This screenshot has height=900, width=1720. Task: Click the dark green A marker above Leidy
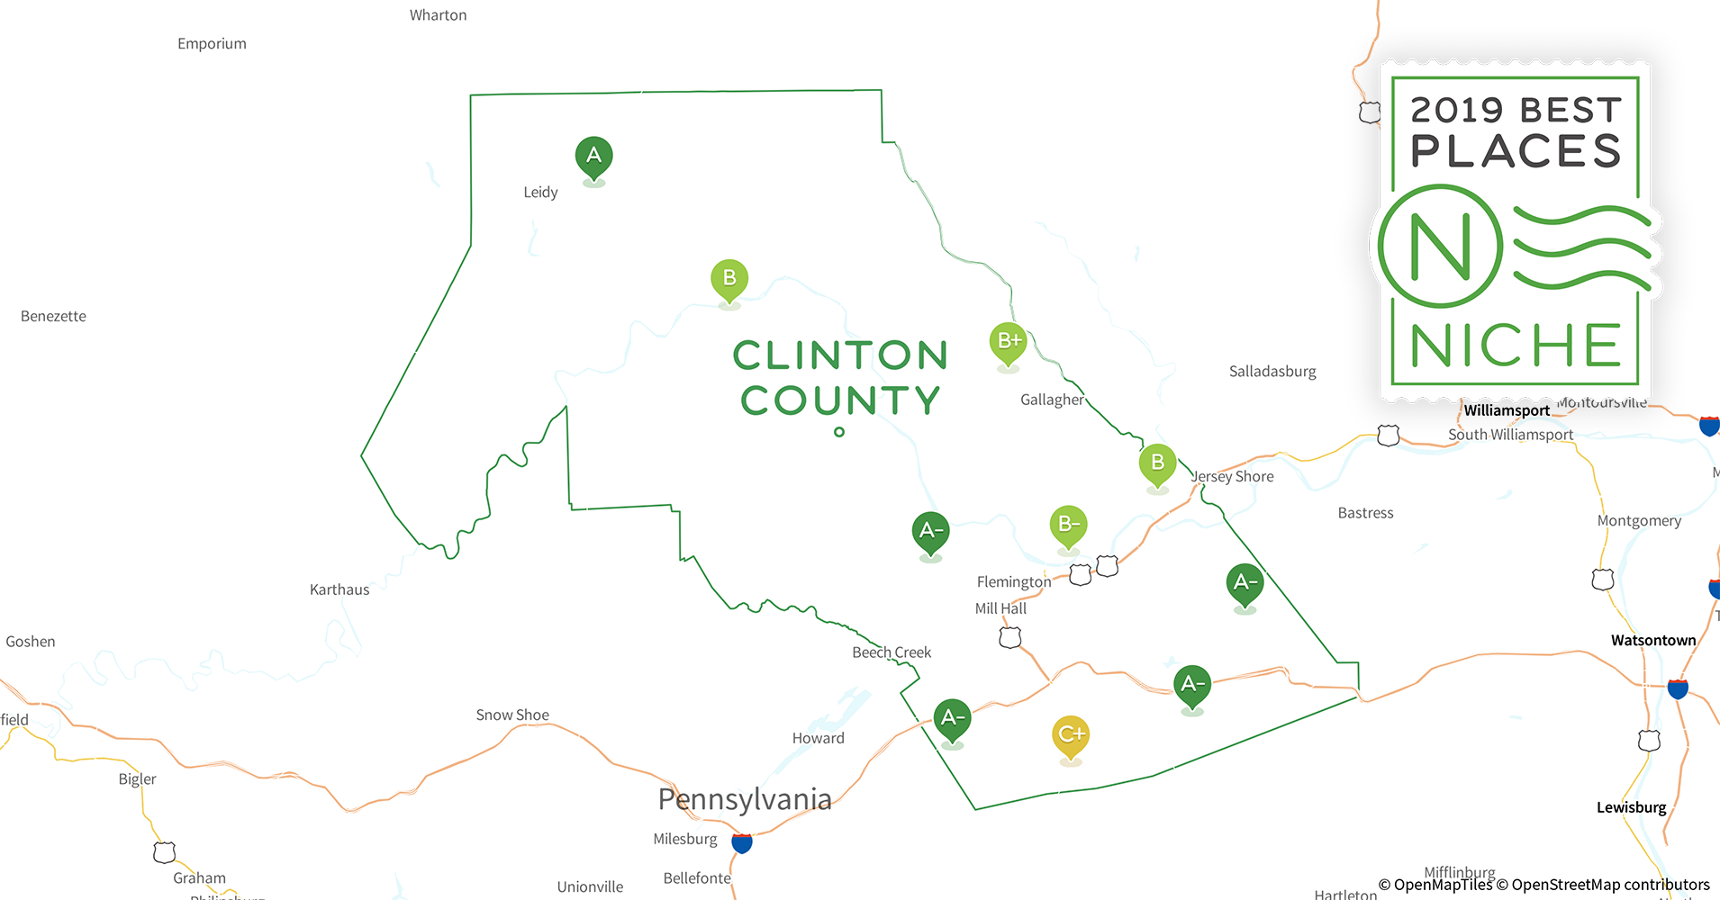pyautogui.click(x=593, y=157)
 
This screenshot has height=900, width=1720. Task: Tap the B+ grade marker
pyautogui.click(x=1008, y=342)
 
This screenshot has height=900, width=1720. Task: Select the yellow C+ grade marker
pyautogui.click(x=1071, y=734)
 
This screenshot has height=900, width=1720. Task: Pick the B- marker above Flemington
pyautogui.click(x=1068, y=525)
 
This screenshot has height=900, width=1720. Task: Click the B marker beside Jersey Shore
pyautogui.click(x=1157, y=463)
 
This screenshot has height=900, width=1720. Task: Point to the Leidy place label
pyautogui.click(x=540, y=192)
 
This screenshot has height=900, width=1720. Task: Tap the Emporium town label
pyautogui.click(x=212, y=43)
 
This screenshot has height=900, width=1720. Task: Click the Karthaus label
pyautogui.click(x=339, y=589)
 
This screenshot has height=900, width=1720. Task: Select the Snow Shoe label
pyautogui.click(x=512, y=715)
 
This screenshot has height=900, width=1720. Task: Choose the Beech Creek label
pyautogui.click(x=892, y=652)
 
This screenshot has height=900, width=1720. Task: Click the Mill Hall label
pyautogui.click(x=1000, y=608)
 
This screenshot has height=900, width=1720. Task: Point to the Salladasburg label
pyautogui.click(x=1272, y=371)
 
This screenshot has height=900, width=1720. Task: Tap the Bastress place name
pyautogui.click(x=1365, y=513)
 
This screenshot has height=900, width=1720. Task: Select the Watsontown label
pyautogui.click(x=1653, y=640)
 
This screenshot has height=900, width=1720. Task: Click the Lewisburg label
pyautogui.click(x=1631, y=807)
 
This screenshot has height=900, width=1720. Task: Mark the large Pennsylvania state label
pyautogui.click(x=745, y=799)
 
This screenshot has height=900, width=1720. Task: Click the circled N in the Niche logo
pyautogui.click(x=1440, y=246)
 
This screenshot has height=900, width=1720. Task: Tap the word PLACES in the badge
pyautogui.click(x=1516, y=151)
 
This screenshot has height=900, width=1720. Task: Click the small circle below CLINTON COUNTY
pyautogui.click(x=839, y=432)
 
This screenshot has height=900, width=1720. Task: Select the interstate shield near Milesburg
pyautogui.click(x=742, y=843)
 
